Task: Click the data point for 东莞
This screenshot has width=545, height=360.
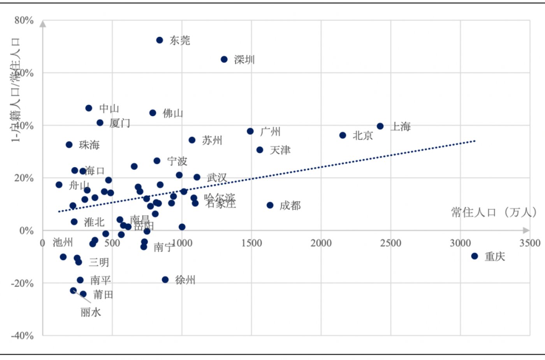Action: click(x=160, y=40)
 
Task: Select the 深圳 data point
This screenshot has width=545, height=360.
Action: click(x=224, y=59)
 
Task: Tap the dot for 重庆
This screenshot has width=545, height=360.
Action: click(x=475, y=256)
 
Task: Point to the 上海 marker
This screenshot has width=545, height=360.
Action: click(x=380, y=126)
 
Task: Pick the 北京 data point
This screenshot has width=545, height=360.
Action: click(x=343, y=135)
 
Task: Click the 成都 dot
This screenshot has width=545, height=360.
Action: click(x=270, y=205)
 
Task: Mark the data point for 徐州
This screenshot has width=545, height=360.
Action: click(x=165, y=280)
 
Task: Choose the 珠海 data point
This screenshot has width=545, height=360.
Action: click(x=69, y=145)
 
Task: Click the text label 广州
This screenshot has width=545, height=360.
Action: click(x=270, y=132)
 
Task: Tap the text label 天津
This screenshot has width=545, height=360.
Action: click(x=280, y=150)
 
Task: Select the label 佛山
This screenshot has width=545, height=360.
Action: click(x=173, y=113)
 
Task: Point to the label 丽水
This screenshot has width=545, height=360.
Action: click(x=91, y=312)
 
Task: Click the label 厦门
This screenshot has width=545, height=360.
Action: click(x=120, y=123)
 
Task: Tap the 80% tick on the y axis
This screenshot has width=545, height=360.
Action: click(x=24, y=21)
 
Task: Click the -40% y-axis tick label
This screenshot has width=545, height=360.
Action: click(x=22, y=335)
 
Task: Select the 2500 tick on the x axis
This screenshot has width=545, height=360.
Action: click(x=390, y=243)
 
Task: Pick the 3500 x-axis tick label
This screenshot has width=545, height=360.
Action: click(x=530, y=243)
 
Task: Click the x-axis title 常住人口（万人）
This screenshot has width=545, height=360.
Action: click(x=494, y=212)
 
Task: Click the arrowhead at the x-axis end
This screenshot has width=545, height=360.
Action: click(x=526, y=230)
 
